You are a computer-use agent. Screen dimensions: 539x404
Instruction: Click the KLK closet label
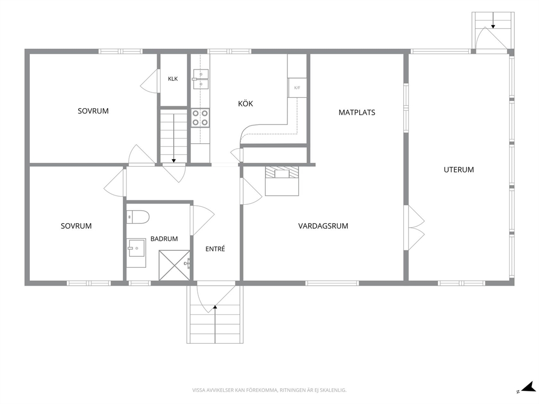point(173,79)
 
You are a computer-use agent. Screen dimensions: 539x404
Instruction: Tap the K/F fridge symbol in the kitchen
point(297,87)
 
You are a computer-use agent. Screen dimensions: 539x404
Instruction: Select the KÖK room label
point(246,104)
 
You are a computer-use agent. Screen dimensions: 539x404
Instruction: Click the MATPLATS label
point(357,112)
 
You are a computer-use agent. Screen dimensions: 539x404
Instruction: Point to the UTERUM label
point(459,170)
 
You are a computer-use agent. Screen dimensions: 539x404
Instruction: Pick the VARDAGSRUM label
point(323,226)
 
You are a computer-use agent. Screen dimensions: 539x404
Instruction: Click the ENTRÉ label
point(215,249)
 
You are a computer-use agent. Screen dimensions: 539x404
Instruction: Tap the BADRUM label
point(164,239)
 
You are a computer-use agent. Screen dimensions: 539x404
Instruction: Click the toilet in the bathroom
point(137,217)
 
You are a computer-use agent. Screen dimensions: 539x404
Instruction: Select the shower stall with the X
point(174,265)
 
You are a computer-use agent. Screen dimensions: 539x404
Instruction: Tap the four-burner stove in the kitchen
point(200,117)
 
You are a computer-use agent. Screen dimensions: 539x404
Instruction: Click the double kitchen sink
point(200,79)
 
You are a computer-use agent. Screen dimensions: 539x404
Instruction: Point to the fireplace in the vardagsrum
point(282,181)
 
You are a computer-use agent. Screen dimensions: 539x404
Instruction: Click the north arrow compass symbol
point(527,387)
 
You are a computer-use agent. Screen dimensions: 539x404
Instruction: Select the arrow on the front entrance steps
point(215,324)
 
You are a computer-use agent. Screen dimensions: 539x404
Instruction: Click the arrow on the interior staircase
point(173,138)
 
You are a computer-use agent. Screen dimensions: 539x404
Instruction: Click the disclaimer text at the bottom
point(269,390)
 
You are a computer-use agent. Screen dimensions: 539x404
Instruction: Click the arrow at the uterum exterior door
point(493,20)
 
